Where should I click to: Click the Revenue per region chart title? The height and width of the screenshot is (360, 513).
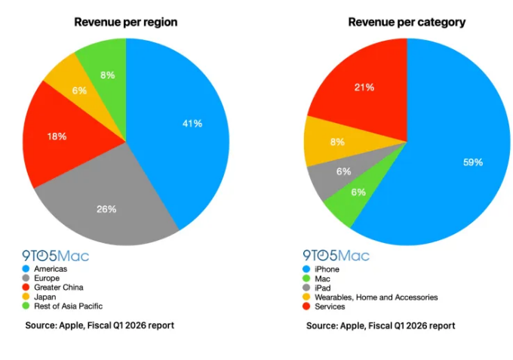[125, 22]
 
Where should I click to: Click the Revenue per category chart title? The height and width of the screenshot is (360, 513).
[407, 22]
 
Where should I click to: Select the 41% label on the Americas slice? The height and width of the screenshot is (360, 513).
[192, 123]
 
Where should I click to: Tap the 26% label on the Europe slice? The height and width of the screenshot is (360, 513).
[106, 208]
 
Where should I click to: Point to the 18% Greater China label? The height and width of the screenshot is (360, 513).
[57, 137]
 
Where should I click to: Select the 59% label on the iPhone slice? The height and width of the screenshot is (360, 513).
[474, 162]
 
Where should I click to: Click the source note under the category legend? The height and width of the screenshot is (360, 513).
[380, 326]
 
